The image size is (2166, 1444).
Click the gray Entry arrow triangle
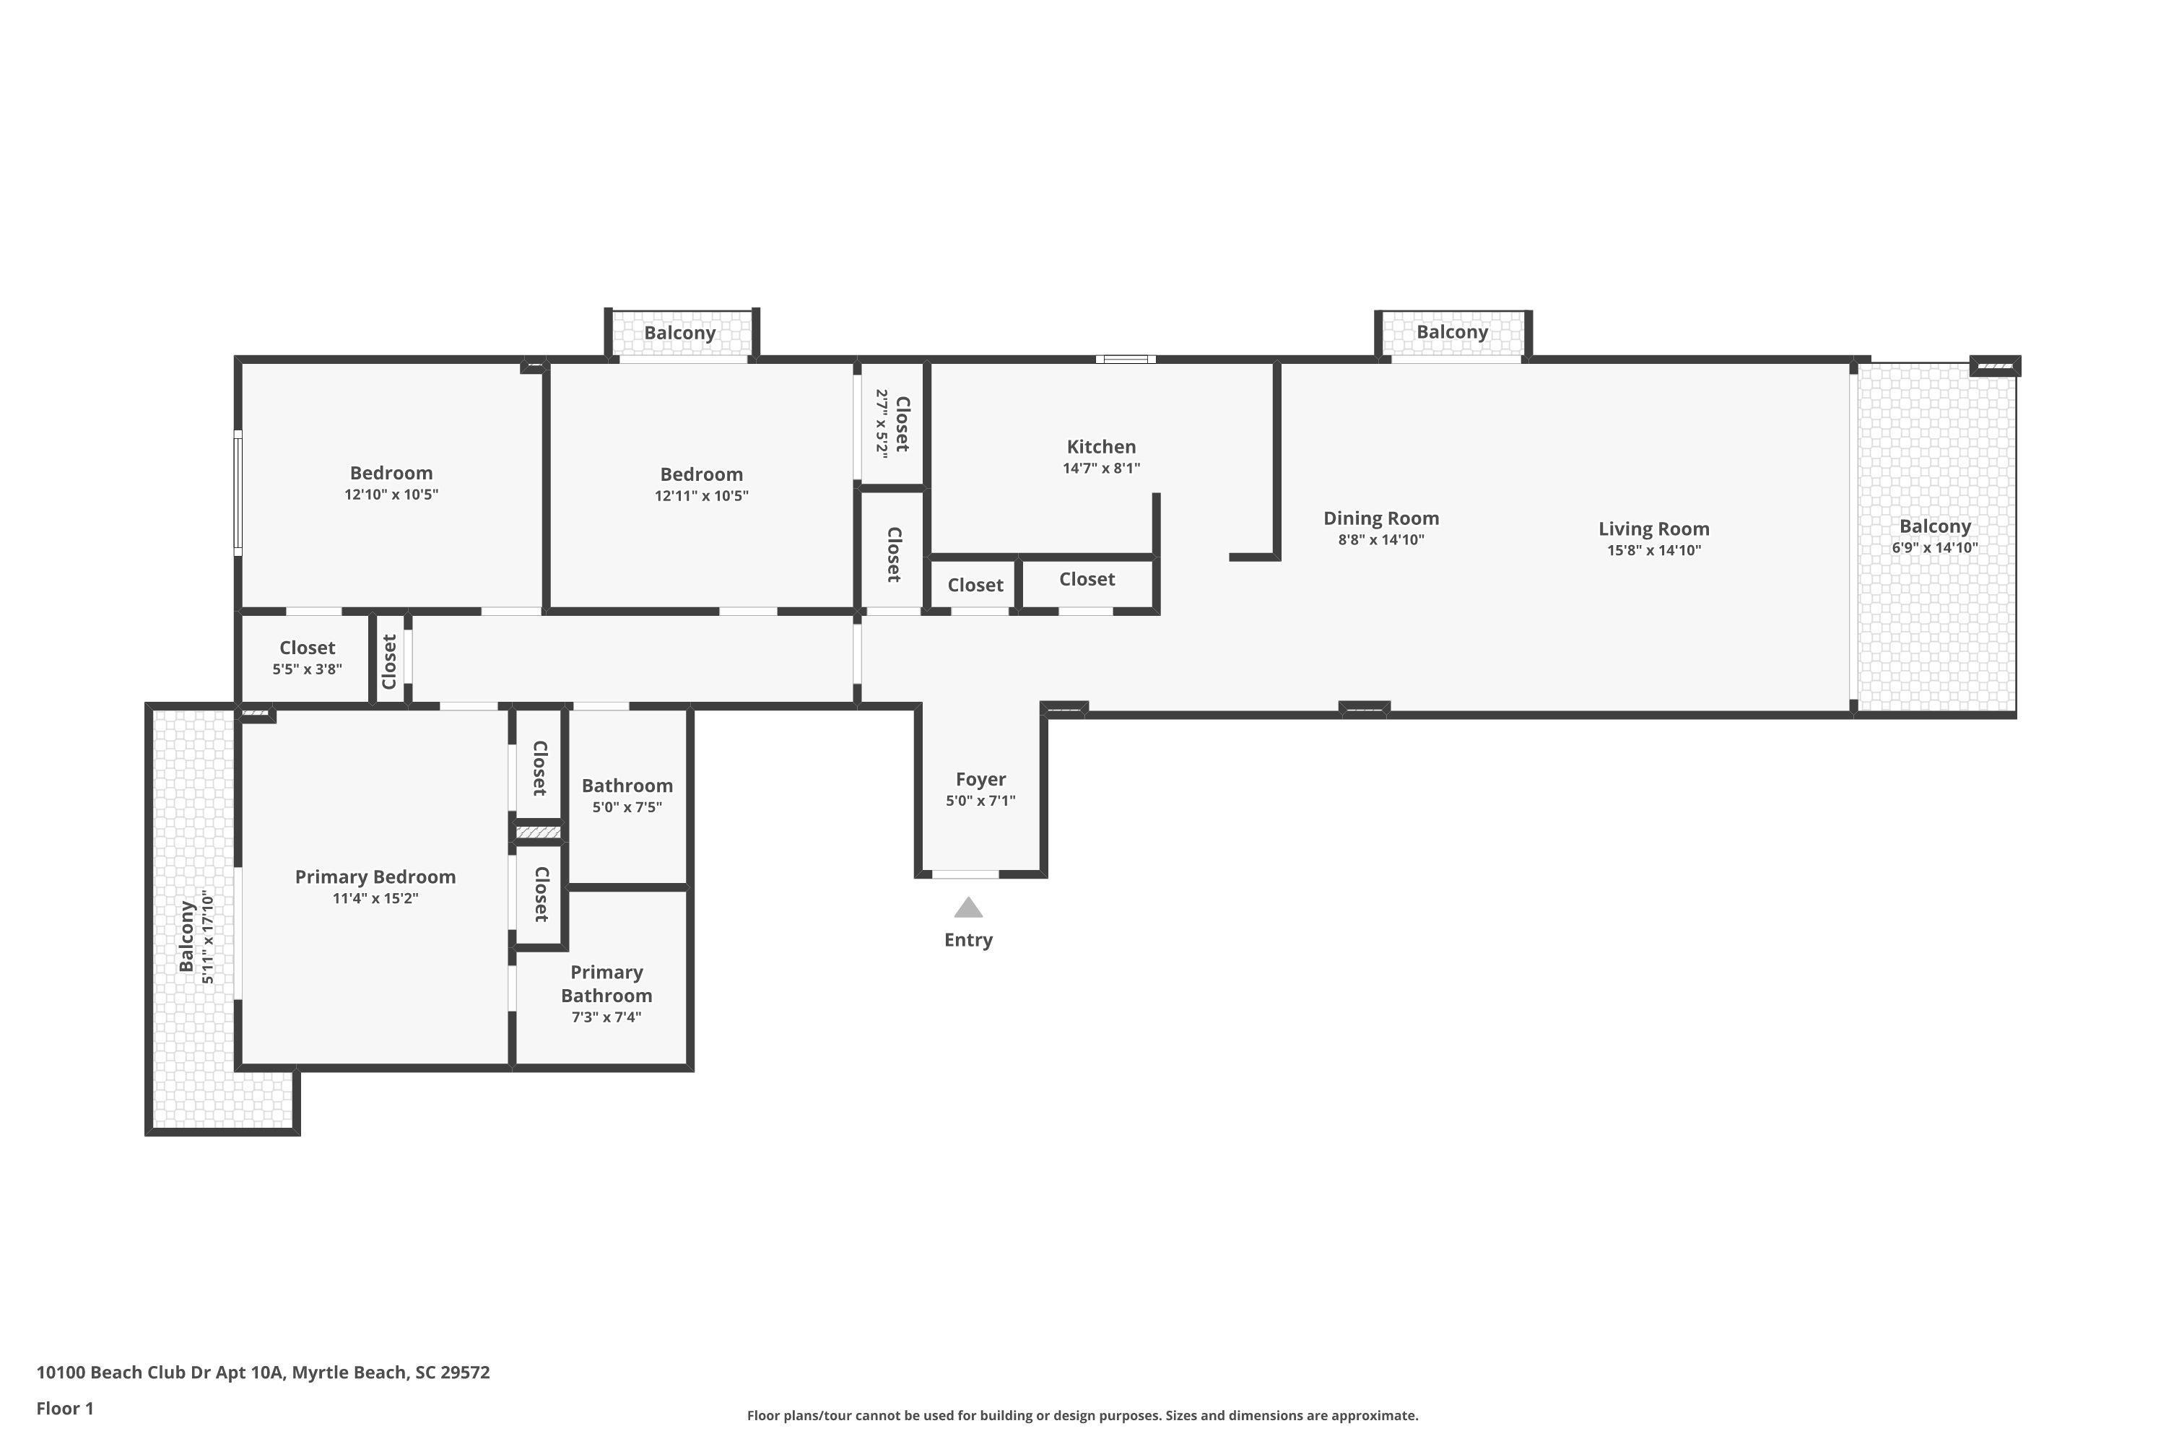[968, 908]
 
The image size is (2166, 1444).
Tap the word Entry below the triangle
[968, 940]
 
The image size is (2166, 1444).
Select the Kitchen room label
[1102, 447]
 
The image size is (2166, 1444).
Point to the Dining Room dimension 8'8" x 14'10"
[1381, 539]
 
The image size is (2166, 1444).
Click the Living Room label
[1654, 529]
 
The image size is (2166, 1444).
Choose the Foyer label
[980, 779]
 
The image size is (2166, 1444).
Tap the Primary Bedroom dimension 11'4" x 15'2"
[375, 898]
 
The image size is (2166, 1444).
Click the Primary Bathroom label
[607, 983]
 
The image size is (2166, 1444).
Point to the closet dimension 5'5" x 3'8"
[308, 669]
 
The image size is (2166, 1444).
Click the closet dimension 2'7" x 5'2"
[882, 424]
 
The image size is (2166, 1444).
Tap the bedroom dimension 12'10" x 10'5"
[391, 495]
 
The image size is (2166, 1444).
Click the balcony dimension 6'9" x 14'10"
[1935, 548]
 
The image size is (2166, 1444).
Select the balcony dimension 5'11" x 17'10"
[208, 939]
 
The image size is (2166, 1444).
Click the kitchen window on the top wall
[1126, 359]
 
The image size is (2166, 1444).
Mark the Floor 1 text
[66, 1408]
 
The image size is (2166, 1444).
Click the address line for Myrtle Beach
[264, 1373]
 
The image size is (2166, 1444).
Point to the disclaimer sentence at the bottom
[1083, 1415]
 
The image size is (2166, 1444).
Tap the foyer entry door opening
[965, 874]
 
